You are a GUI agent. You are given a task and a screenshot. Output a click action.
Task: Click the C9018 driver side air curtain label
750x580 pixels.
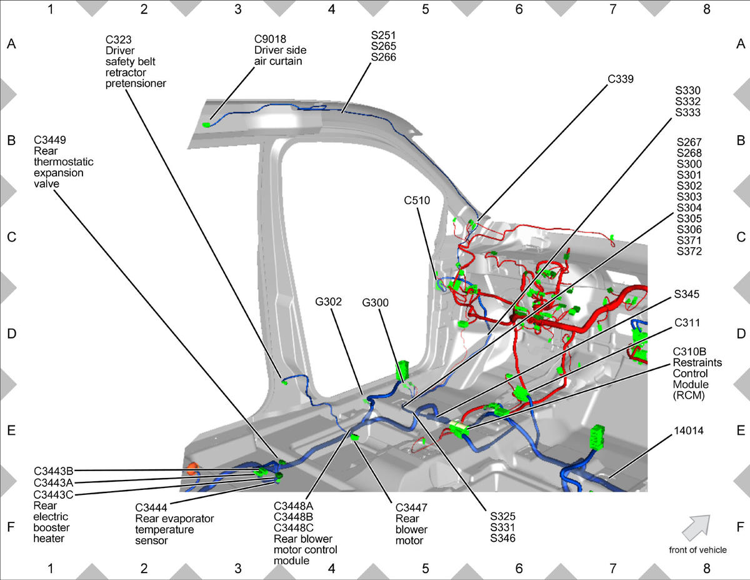tap(280, 49)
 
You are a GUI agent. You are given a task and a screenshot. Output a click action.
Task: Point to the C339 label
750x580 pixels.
tap(620, 79)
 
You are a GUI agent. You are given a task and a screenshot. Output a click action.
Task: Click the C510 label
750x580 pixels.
tap(417, 201)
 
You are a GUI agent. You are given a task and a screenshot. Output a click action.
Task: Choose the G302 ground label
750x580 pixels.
tap(328, 302)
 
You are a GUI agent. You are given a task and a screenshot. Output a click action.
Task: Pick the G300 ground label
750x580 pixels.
tap(376, 303)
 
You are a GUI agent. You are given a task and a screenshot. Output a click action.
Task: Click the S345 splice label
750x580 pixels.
tap(686, 293)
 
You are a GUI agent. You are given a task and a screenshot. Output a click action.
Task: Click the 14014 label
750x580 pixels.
tap(687, 432)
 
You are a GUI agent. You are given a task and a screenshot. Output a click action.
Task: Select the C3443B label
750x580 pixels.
tap(54, 471)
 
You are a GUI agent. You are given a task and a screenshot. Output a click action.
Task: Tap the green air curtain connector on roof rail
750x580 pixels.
tap(207, 125)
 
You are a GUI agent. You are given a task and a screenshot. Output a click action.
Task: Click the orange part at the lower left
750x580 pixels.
tap(192, 467)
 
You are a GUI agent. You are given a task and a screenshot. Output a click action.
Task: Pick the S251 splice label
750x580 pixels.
tap(383, 35)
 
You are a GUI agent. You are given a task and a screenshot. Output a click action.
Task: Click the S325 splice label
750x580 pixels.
tap(503, 516)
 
